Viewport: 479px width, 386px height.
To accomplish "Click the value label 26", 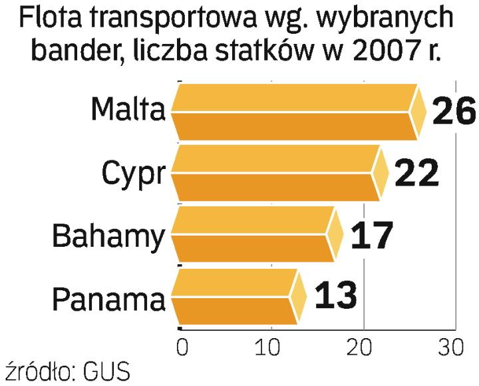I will (454, 111).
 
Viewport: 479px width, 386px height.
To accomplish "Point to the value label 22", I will (417, 173).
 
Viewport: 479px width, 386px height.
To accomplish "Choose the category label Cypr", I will (133, 174).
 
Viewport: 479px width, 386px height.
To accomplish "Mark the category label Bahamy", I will (108, 236).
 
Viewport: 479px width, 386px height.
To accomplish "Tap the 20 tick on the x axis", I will (363, 347).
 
